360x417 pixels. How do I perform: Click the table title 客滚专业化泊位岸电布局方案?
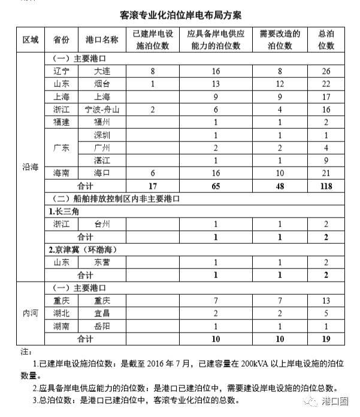180,13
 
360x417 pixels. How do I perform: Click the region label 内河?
30,313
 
